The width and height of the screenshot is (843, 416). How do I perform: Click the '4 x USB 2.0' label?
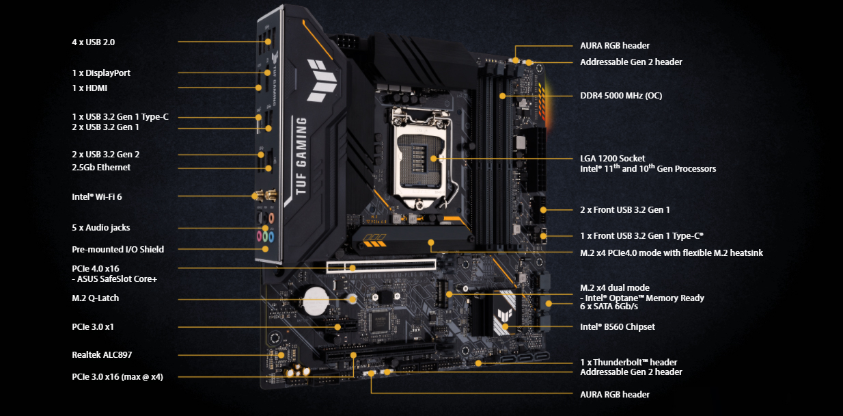pos(94,42)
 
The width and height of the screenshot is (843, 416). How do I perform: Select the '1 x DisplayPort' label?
pos(101,73)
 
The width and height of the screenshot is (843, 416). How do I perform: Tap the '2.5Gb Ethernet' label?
pos(101,168)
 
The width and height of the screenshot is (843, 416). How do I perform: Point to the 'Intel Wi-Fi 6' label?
pos(97,197)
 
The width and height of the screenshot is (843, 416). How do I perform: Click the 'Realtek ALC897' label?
pos(102,354)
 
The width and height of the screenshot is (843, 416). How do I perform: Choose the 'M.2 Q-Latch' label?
pos(96,298)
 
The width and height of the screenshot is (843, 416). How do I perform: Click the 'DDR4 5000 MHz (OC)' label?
pos(620,96)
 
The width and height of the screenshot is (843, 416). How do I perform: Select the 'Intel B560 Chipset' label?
pos(617,327)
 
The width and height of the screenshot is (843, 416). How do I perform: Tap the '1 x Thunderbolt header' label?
pos(628,362)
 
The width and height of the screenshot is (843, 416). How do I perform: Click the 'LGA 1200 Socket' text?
pos(612,159)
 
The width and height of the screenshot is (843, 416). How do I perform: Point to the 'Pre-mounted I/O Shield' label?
pos(118,250)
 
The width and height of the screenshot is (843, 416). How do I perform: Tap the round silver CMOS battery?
pos(316,298)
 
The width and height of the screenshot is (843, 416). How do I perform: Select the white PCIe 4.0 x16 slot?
pos(383,265)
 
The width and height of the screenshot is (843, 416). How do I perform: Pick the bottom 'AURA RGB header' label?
pos(615,394)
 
